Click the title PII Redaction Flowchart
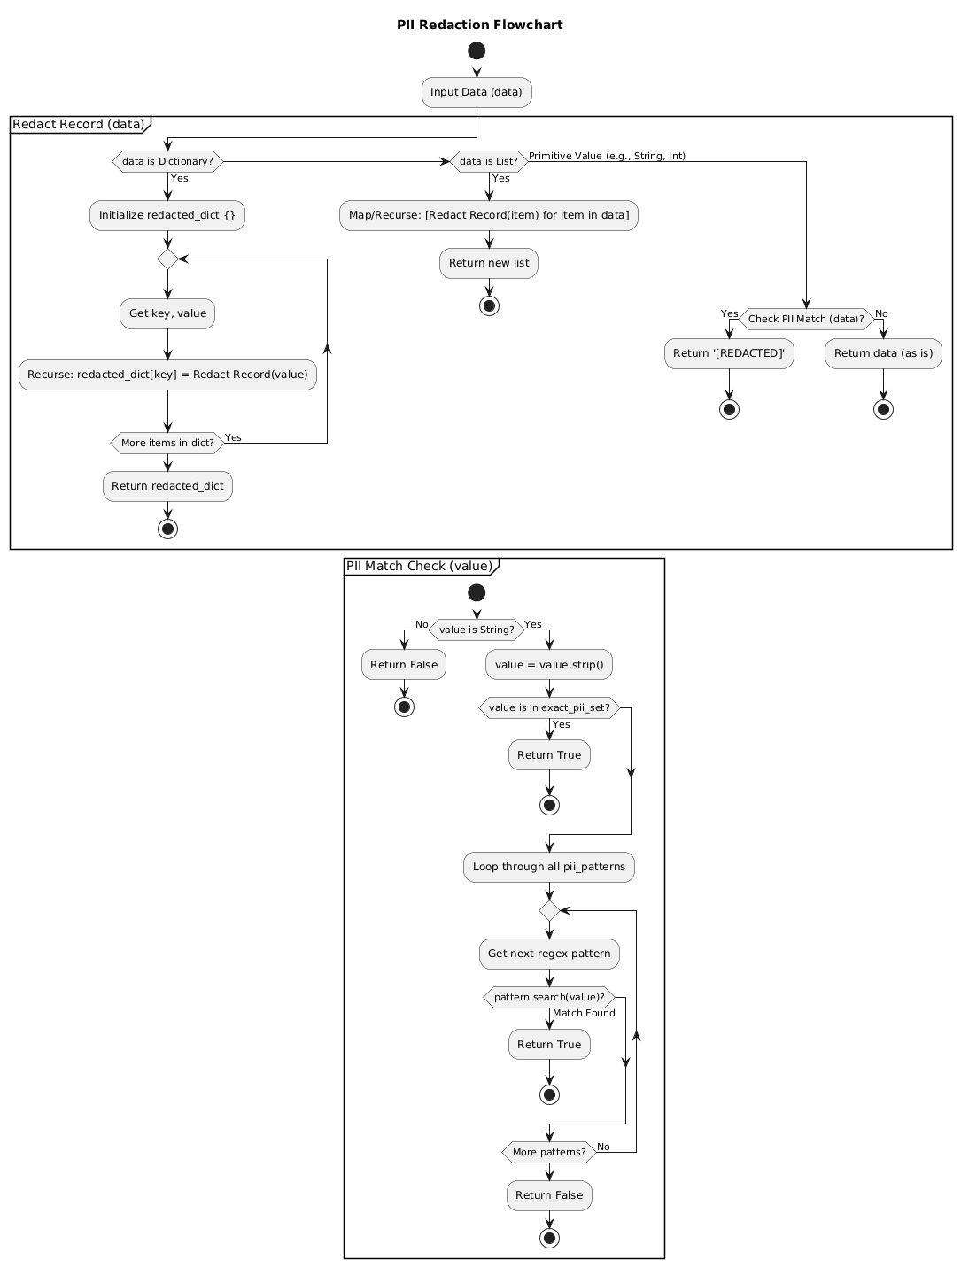coord(479,25)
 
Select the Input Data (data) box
coord(477,92)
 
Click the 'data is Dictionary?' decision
coord(167,161)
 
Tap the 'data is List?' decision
coord(488,161)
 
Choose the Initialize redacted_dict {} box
coord(167,215)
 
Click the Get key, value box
coord(167,313)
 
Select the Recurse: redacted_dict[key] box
coord(167,375)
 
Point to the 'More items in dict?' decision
coord(167,443)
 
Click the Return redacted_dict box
coord(167,486)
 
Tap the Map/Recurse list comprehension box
coord(488,215)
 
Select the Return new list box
coord(488,263)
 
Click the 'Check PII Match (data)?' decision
coord(806,319)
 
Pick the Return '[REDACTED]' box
coord(729,353)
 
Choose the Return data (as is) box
coord(883,353)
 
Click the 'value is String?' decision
coord(477,630)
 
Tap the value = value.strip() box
coord(549,665)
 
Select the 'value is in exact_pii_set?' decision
coord(549,707)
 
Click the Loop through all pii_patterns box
coord(549,867)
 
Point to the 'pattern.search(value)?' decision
coord(549,997)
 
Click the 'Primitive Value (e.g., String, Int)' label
coord(607,157)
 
